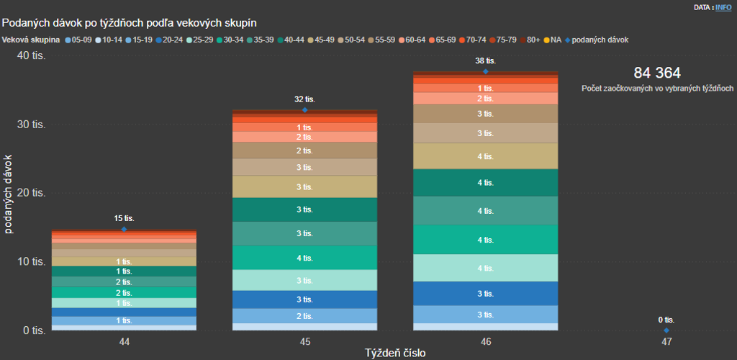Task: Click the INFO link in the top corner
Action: (723, 6)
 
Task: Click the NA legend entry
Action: (557, 40)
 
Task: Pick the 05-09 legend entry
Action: (80, 40)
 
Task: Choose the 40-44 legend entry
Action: (294, 40)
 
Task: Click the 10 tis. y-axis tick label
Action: (32, 262)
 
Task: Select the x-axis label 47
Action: (666, 341)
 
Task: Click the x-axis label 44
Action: (124, 341)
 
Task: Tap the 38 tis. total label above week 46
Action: (485, 61)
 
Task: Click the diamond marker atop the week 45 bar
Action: (304, 110)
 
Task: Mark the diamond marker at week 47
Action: (666, 330)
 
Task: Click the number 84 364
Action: (657, 73)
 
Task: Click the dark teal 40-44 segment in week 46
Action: (485, 183)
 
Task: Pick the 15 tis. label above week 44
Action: (124, 218)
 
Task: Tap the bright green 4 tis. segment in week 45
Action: (304, 258)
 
